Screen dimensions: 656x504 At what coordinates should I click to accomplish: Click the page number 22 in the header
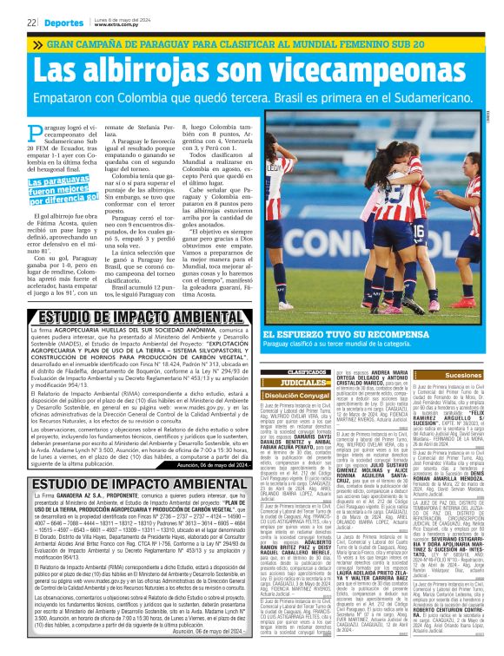click(30, 21)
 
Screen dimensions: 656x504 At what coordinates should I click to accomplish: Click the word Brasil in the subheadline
click(317, 101)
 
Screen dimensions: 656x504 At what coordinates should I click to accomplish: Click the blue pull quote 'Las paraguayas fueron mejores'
click(61, 188)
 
